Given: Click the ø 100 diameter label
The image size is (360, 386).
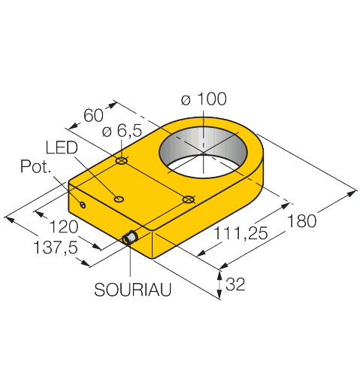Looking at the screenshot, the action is [x=204, y=99].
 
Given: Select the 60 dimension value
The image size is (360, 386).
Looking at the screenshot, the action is [x=93, y=115].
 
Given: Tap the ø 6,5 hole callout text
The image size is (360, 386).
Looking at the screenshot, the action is [x=122, y=131].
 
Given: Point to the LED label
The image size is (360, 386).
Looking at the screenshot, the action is [x=62, y=147].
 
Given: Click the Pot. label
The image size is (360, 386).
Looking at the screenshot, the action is [x=35, y=166].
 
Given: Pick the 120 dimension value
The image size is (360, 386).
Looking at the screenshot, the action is [x=64, y=227].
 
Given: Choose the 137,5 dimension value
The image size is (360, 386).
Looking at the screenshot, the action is [x=56, y=248].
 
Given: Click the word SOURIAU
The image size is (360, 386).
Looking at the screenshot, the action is [x=133, y=290].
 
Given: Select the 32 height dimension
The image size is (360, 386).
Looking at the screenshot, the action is [x=235, y=284].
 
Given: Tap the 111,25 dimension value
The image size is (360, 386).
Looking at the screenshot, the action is [x=241, y=233].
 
